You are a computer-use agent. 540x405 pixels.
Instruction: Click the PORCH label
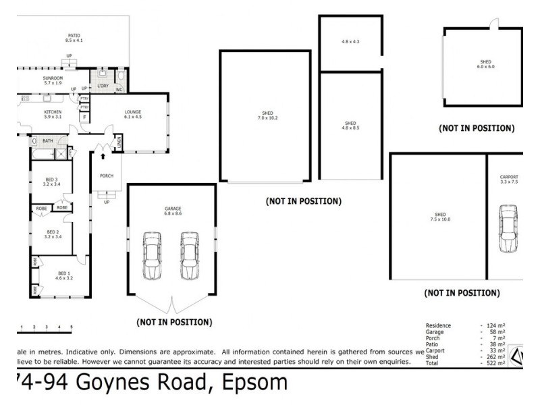click(x=107, y=176)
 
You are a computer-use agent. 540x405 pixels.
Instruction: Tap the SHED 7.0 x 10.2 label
click(x=268, y=115)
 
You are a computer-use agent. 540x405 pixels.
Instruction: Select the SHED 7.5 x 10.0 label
click(x=439, y=217)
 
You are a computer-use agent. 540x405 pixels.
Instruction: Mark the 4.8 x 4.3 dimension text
click(x=350, y=42)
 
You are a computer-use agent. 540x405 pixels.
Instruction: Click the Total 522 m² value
click(x=494, y=363)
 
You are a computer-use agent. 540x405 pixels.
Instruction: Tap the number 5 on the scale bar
click(x=72, y=327)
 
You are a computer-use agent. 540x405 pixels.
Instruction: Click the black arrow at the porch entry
click(x=103, y=156)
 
